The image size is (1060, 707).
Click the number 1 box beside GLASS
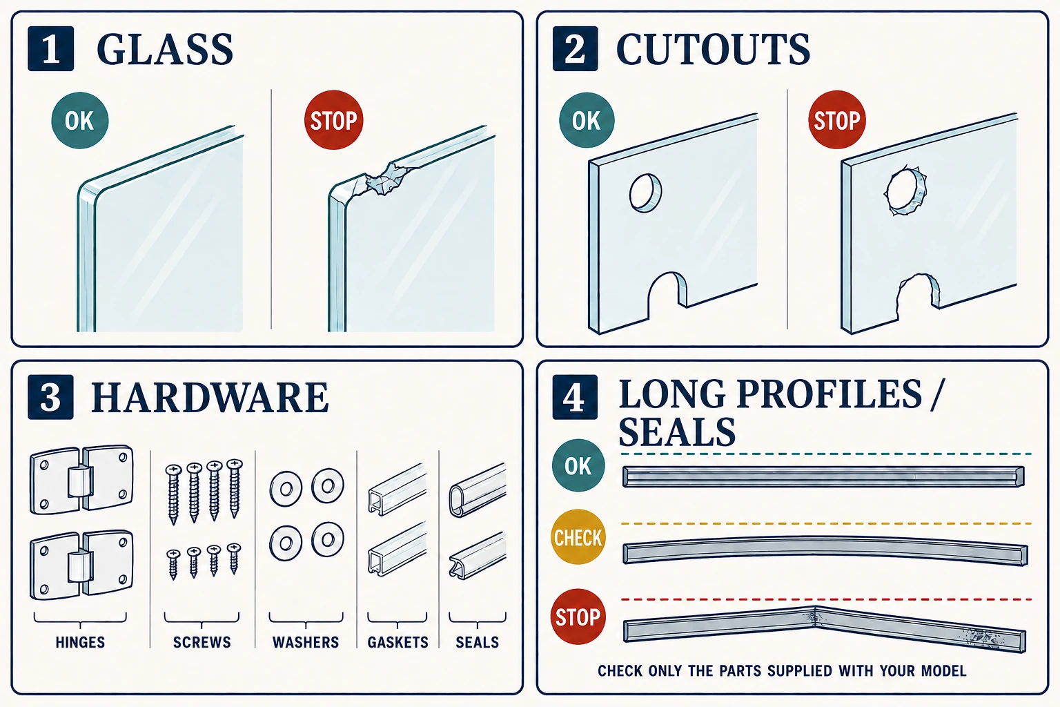(50, 49)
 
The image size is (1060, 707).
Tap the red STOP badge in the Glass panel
(333, 120)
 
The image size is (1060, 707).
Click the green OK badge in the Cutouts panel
(587, 120)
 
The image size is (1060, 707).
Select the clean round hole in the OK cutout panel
(645, 193)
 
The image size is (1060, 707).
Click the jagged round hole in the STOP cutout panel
(905, 191)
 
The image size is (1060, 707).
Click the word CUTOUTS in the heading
(713, 49)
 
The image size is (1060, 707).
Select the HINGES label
(80, 642)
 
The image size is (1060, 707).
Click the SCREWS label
(202, 642)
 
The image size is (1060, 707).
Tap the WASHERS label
(306, 642)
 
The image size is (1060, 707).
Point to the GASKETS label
(398, 642)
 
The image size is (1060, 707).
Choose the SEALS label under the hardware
(477, 642)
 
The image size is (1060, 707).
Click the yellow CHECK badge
(578, 537)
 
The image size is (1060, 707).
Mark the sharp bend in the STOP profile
(815, 617)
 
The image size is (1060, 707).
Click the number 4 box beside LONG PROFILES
(575, 397)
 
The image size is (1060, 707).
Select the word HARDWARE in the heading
(210, 397)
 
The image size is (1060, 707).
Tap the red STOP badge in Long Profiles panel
(578, 617)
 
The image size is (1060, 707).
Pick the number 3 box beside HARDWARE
(50, 397)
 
